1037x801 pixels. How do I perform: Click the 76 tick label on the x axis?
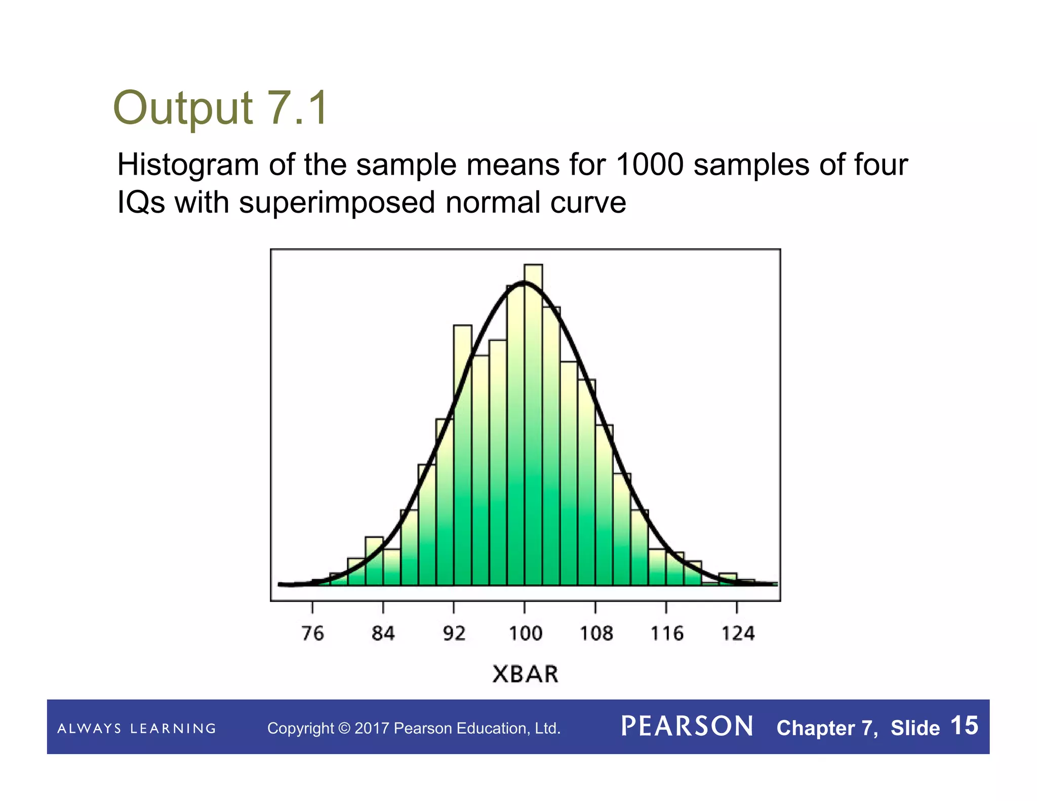pos(312,633)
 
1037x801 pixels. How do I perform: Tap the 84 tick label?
pos(383,633)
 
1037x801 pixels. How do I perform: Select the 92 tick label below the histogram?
pos(454,633)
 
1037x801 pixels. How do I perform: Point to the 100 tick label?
pos(525,633)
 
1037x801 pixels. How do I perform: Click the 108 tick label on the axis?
pos(596,633)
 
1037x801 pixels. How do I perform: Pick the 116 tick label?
pos(667,633)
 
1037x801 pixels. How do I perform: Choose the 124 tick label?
pos(738,633)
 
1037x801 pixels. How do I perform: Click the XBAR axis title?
pos(525,674)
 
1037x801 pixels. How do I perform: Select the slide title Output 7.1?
pos(220,108)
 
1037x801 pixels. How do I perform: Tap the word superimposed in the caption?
pos(337,203)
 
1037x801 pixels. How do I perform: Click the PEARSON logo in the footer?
pos(687,727)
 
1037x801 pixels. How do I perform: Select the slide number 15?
pos(964,726)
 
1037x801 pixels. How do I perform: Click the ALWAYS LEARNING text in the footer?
pos(137,729)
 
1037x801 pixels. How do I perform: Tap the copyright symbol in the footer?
pos(344,729)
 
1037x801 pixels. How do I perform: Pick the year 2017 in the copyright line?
pos(372,729)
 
